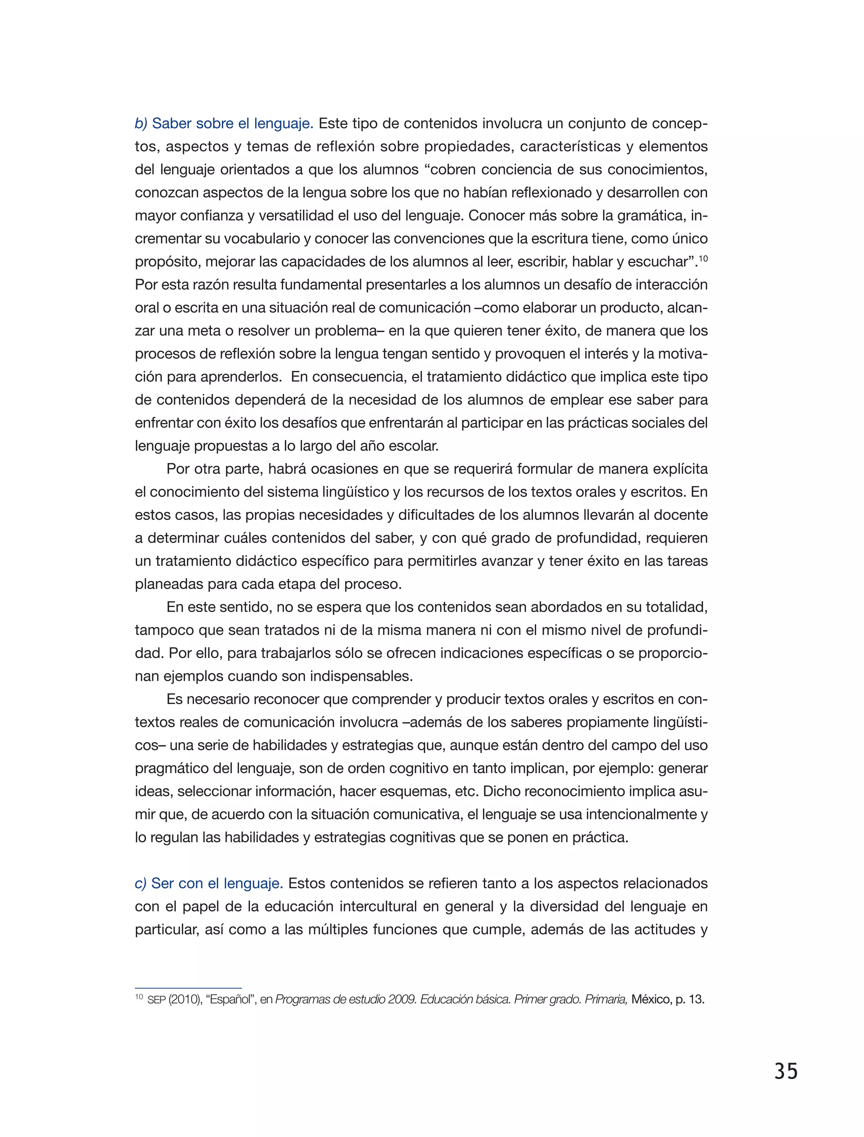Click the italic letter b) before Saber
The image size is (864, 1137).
(x=141, y=124)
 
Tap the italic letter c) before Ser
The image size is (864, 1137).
(x=140, y=884)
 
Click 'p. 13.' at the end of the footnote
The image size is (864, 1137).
(x=690, y=1000)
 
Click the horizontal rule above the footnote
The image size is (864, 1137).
(x=188, y=988)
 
